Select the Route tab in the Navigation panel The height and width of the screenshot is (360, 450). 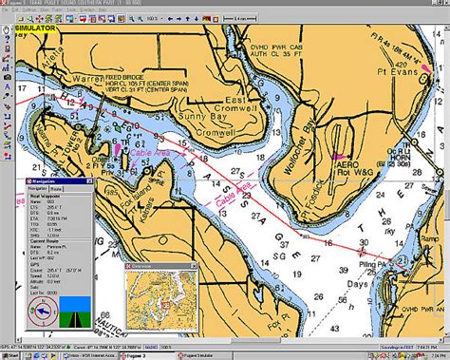[x=56, y=188]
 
